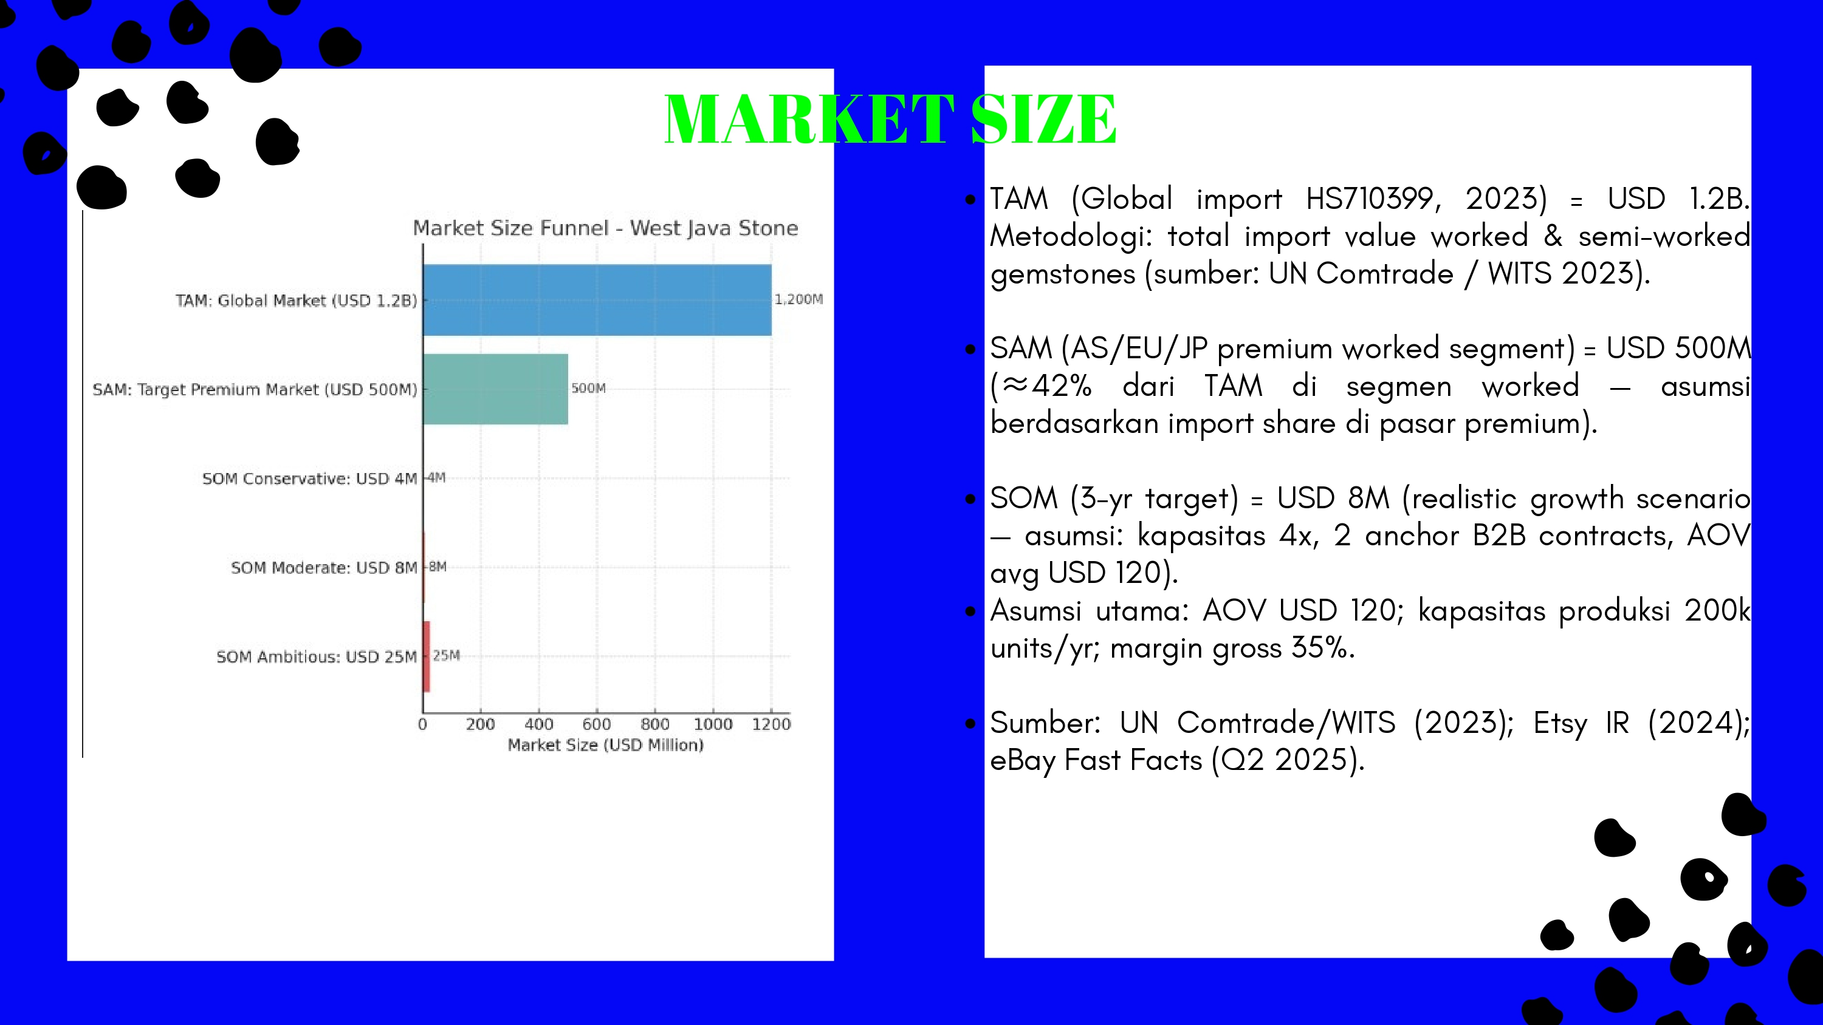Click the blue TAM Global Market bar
point(597,300)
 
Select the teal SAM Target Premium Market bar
point(495,389)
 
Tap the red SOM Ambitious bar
point(427,656)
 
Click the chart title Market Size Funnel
point(605,228)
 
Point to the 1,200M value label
point(798,299)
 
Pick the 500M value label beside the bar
point(588,389)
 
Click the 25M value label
point(446,656)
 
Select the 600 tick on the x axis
point(597,724)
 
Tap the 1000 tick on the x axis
point(713,724)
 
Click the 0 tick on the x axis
point(422,724)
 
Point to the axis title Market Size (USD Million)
point(606,745)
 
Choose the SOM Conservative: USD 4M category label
point(310,479)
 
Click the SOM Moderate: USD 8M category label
point(324,568)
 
